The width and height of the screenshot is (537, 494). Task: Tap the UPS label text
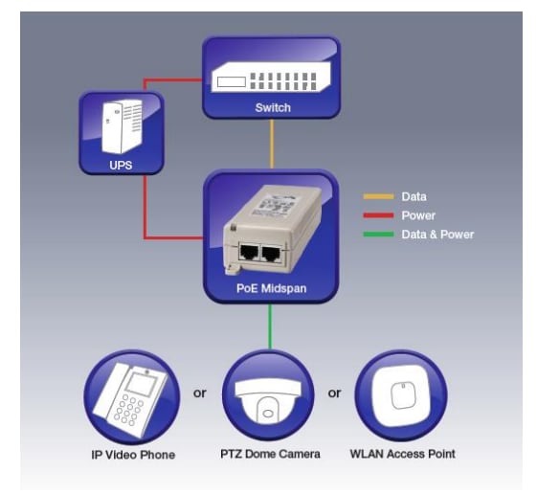[121, 165]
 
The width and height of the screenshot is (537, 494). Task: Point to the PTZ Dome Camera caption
[268, 453]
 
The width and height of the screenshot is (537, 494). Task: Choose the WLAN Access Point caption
[401, 453]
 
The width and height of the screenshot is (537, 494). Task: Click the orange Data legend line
[378, 196]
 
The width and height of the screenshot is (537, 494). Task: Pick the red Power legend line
[378, 215]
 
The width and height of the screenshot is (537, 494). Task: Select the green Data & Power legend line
[378, 235]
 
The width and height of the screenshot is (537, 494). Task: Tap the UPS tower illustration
[121, 128]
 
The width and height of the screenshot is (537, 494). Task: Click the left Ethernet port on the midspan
[252, 254]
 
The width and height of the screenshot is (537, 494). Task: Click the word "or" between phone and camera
[200, 393]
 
